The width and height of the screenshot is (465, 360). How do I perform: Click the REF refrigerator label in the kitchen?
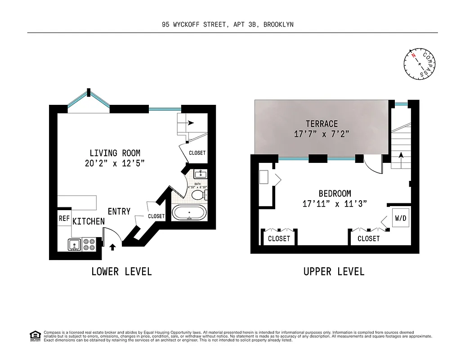tap(63, 218)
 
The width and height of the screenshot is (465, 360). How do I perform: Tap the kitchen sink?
tap(74, 244)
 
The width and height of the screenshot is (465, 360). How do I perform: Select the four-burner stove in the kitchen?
tap(89, 244)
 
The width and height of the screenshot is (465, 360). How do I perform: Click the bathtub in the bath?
tap(189, 212)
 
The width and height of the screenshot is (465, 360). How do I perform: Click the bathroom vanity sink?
tap(201, 174)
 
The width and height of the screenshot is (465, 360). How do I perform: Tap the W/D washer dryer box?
tap(400, 218)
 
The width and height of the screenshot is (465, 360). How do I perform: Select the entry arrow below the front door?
tap(112, 247)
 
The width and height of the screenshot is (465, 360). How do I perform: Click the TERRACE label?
tap(322, 124)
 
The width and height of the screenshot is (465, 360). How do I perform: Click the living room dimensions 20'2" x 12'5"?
tap(115, 163)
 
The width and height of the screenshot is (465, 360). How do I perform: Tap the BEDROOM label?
tap(335, 193)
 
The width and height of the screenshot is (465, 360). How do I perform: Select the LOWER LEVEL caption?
tap(121, 271)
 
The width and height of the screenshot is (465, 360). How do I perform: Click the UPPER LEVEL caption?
tap(334, 271)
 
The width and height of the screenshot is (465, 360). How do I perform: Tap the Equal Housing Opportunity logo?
tap(35, 335)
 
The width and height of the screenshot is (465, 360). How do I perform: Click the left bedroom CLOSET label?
tap(279, 238)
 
